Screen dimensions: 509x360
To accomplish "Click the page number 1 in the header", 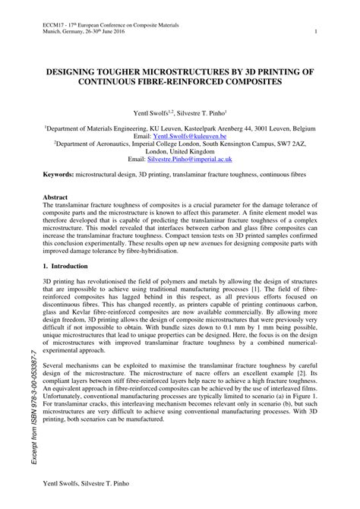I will tap(315, 32).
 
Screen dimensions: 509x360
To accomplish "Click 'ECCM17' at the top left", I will tap(54, 24).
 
